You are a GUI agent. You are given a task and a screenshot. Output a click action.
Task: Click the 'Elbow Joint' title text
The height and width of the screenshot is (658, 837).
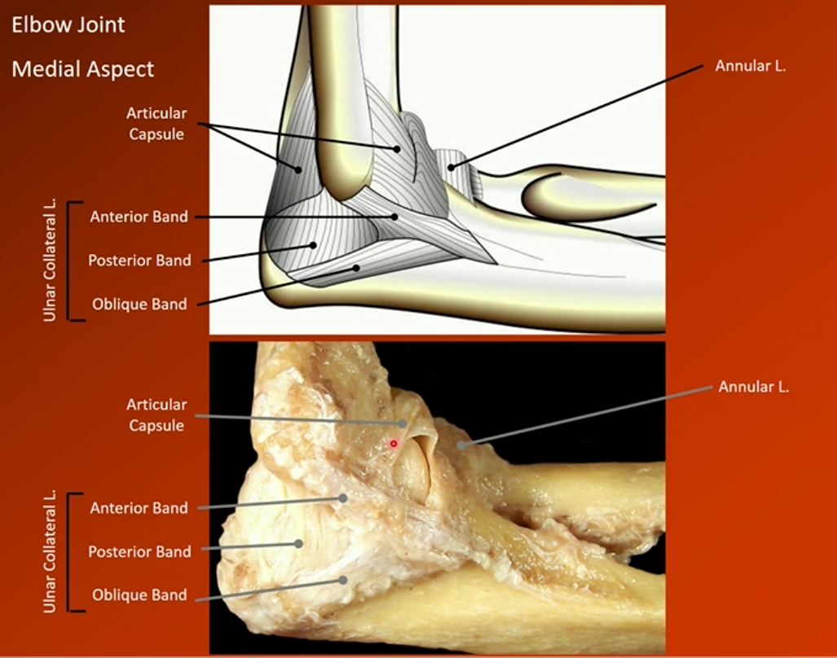68,25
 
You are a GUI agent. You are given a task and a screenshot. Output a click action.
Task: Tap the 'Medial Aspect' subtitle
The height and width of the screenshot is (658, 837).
82,69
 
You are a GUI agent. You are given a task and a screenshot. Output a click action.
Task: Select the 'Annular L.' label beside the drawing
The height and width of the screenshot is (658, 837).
750,66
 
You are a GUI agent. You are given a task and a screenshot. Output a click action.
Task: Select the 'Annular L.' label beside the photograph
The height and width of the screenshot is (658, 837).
753,387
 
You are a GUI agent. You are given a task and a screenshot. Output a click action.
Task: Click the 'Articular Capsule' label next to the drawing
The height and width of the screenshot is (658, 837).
156,124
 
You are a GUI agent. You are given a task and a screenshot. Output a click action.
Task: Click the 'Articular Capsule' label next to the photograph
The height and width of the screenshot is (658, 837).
156,415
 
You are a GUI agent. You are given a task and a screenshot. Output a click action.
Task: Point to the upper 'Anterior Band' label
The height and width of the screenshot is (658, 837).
139,217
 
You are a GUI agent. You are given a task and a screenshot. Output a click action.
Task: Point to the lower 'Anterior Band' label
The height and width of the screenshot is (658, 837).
139,508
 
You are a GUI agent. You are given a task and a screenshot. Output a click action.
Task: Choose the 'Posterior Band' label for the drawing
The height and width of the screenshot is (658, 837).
139,261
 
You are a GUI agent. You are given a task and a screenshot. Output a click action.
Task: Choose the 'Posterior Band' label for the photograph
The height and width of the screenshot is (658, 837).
139,551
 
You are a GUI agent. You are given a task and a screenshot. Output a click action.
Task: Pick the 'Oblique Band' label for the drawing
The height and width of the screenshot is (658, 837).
139,305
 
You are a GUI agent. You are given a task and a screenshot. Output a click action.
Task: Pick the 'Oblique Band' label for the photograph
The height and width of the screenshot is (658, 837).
139,595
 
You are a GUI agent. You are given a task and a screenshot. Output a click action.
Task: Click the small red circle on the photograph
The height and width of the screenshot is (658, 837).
394,444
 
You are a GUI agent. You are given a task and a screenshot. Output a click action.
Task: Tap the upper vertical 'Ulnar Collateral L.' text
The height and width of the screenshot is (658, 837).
51,261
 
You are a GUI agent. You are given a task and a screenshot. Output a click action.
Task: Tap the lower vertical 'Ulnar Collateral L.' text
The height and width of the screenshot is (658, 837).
51,551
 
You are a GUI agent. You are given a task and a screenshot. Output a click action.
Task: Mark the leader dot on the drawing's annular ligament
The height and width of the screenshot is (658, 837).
450,168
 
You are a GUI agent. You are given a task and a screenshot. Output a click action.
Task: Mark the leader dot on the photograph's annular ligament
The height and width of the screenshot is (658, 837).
460,445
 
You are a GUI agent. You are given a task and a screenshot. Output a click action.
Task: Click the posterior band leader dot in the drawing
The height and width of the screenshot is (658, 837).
313,245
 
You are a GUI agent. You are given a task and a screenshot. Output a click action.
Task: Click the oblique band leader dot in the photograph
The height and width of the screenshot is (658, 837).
344,581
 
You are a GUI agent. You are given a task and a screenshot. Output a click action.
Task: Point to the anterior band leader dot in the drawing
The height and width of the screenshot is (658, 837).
394,217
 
